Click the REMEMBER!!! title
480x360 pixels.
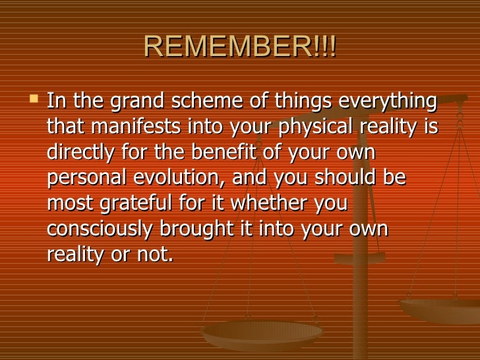click(x=240, y=46)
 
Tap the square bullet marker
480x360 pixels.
click(x=34, y=99)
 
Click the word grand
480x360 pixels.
click(x=137, y=102)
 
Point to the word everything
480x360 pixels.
click(x=388, y=102)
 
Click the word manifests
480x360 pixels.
click(x=136, y=126)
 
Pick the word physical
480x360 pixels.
click(x=316, y=127)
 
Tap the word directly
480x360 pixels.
click(x=80, y=153)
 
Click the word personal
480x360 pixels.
click(x=87, y=179)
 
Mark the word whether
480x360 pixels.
click(x=268, y=203)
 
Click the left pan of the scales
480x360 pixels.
click(x=262, y=334)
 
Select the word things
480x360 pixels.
click(x=303, y=102)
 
